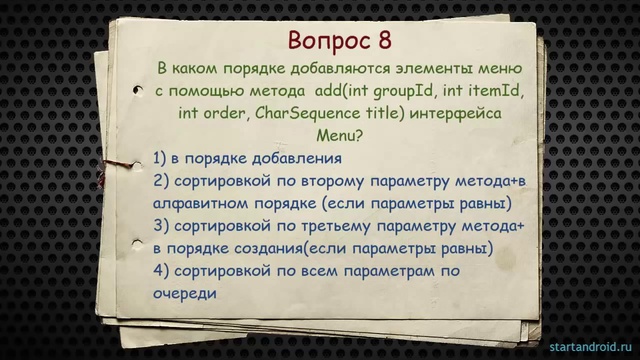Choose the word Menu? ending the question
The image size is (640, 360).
click(340, 135)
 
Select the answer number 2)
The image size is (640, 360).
click(162, 181)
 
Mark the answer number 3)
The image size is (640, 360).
click(162, 226)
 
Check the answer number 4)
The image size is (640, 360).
click(162, 271)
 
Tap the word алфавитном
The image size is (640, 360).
click(204, 203)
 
